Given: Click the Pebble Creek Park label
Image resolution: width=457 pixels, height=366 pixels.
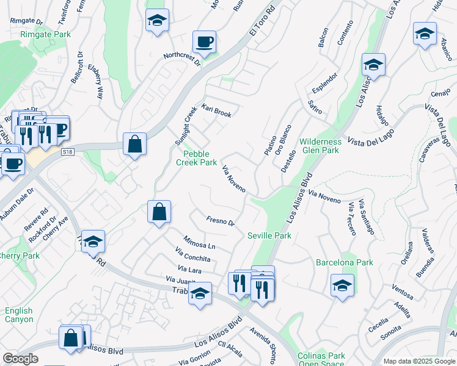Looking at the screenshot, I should [197, 158].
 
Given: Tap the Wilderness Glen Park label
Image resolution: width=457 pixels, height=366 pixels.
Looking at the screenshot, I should [319, 146].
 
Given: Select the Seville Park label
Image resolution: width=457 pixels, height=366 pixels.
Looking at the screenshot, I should [269, 235].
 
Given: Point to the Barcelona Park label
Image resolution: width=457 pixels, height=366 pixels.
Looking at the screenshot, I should [344, 263].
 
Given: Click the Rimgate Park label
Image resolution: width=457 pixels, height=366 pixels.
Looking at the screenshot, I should [45, 35].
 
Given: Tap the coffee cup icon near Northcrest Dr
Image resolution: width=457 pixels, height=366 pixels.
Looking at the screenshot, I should [204, 43].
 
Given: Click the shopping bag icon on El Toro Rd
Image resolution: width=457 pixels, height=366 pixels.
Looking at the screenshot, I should [134, 145].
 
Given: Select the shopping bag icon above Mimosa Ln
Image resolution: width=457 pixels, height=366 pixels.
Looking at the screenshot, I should [159, 213].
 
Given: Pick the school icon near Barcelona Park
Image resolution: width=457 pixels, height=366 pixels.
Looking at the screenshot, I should [342, 285].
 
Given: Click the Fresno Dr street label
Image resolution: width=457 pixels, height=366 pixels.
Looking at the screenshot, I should [220, 221].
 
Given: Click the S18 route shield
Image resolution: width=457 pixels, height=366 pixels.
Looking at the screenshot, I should [67, 151].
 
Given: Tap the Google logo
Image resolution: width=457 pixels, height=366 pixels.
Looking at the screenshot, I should [21, 359].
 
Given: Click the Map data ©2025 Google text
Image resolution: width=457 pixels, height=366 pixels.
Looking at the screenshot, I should [419, 361].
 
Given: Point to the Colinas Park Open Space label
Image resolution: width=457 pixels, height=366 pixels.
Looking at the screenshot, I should [321, 360].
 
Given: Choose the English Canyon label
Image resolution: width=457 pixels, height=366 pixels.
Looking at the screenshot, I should [18, 315].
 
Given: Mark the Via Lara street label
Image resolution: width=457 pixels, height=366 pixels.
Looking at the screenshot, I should [189, 268].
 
